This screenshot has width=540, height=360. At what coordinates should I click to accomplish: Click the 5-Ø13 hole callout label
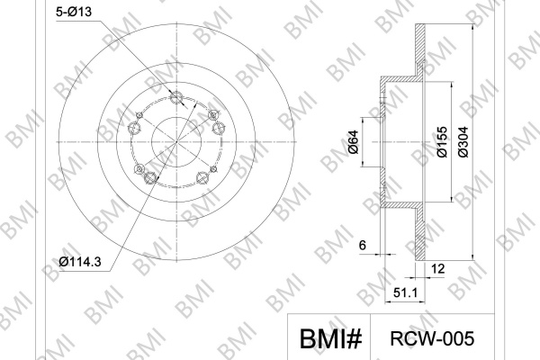click(74, 12)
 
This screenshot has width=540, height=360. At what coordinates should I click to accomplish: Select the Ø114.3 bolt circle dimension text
click(80, 262)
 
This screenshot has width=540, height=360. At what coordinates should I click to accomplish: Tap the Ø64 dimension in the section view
click(354, 142)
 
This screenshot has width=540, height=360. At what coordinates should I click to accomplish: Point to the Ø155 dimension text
click(442, 142)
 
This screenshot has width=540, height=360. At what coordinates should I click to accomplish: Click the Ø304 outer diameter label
click(463, 142)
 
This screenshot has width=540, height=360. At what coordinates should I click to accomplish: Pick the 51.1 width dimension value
click(405, 292)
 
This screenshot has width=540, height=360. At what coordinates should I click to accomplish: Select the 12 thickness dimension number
click(437, 268)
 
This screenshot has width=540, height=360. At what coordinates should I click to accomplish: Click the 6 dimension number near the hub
click(363, 246)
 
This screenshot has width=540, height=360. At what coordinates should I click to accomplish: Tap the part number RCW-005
click(432, 338)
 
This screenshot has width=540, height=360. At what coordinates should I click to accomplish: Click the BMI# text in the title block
click(330, 338)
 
